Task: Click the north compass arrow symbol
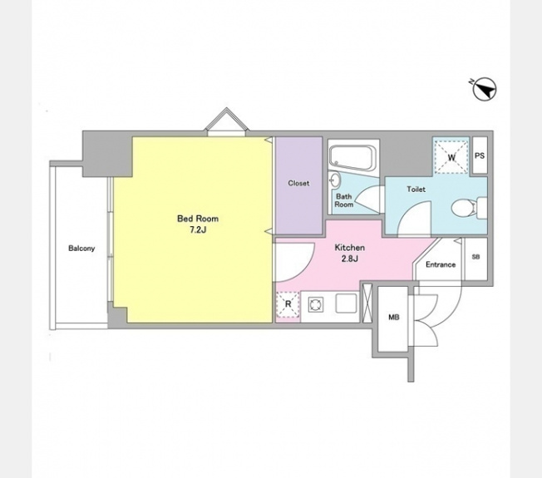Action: pyautogui.click(x=485, y=89)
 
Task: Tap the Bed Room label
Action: pyautogui.click(x=198, y=219)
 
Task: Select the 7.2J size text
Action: pyautogui.click(x=198, y=229)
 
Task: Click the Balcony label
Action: pyautogui.click(x=81, y=249)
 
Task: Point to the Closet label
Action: pyautogui.click(x=298, y=183)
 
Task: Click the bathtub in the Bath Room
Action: pyautogui.click(x=352, y=158)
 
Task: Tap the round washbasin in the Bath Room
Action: pyautogui.click(x=335, y=180)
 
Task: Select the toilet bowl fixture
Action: pyautogui.click(x=464, y=208)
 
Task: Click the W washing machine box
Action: pyautogui.click(x=451, y=157)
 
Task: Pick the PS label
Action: pyautogui.click(x=480, y=156)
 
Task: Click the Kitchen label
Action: pyautogui.click(x=349, y=248)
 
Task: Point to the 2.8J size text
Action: pyautogui.click(x=349, y=259)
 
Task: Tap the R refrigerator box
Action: pyautogui.click(x=288, y=304)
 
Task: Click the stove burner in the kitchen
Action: pyautogui.click(x=316, y=305)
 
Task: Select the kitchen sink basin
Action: pyautogui.click(x=347, y=303)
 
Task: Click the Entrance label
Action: pyautogui.click(x=441, y=264)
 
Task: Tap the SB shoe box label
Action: pyautogui.click(x=475, y=257)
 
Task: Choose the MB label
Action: pyautogui.click(x=394, y=317)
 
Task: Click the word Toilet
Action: pyautogui.click(x=416, y=190)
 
